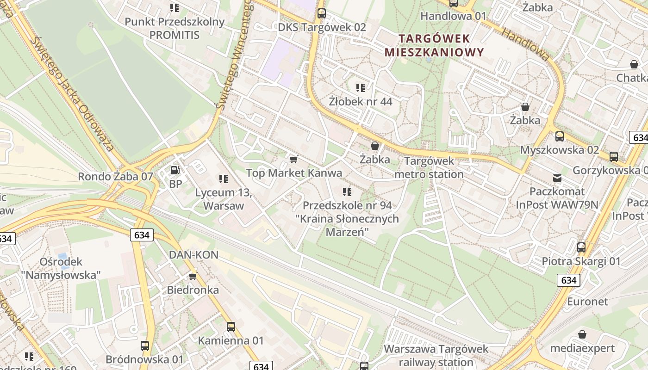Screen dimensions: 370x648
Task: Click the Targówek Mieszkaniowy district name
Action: pyautogui.click(x=434, y=45)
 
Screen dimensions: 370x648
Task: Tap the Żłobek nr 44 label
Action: pyautogui.click(x=361, y=101)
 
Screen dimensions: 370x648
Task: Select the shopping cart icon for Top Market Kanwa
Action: pyautogui.click(x=293, y=160)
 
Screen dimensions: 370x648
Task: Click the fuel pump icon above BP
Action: pyautogui.click(x=175, y=170)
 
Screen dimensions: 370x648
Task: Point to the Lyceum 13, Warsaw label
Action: pyautogui.click(x=223, y=199)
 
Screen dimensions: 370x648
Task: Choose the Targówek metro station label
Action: pyautogui.click(x=429, y=168)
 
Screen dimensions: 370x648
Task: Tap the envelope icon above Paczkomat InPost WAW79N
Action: pyautogui.click(x=557, y=178)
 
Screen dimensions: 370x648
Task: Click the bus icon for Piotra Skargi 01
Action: pyautogui.click(x=581, y=247)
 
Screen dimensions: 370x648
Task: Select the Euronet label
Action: pyautogui.click(x=587, y=302)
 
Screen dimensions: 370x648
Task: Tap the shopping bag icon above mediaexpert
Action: pyautogui.click(x=582, y=334)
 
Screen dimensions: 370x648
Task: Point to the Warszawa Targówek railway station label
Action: pyautogui.click(x=436, y=355)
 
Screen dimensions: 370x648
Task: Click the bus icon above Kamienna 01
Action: pyautogui.click(x=231, y=327)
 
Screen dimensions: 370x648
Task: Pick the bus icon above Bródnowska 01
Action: pyautogui.click(x=145, y=345)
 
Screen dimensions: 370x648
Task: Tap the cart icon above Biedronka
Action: pyautogui.click(x=193, y=276)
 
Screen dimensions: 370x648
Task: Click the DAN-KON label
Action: pyautogui.click(x=193, y=255)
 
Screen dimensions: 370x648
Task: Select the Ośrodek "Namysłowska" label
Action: pyautogui.click(x=61, y=268)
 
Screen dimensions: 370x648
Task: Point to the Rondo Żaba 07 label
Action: pyautogui.click(x=115, y=176)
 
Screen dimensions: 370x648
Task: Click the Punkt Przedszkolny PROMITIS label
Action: pyautogui.click(x=174, y=28)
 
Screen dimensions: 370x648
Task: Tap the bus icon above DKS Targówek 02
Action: pyautogui.click(x=322, y=13)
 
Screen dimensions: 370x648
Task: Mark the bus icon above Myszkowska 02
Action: pyautogui.click(x=560, y=136)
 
